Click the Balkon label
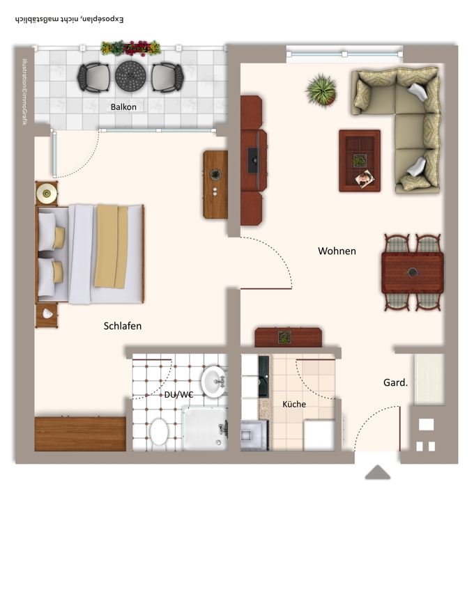123,107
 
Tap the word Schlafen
123,326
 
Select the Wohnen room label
337,251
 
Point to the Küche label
294,404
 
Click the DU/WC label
178,394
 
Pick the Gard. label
395,382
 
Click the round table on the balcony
130,76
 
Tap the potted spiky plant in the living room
321,91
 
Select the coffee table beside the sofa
360,161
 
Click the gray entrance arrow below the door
377,472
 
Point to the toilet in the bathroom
159,432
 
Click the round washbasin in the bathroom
214,382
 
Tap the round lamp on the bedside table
47,194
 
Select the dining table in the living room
413,272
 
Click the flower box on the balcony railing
131,48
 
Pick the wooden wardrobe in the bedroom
80,434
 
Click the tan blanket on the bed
111,247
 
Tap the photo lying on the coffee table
365,178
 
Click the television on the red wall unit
253,160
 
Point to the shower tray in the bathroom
204,428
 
